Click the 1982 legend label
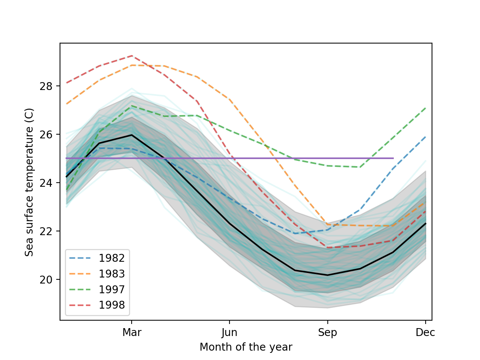111,258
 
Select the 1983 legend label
111,274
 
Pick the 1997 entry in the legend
111,289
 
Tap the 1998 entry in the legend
111,305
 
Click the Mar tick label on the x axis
132,333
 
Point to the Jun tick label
229,333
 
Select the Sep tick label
327,333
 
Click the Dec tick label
425,333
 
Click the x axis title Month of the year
246,347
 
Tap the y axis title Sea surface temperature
29,182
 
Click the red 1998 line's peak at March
132,55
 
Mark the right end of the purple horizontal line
393,158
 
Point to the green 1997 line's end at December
425,108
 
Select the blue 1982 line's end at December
425,137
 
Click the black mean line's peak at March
132,135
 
